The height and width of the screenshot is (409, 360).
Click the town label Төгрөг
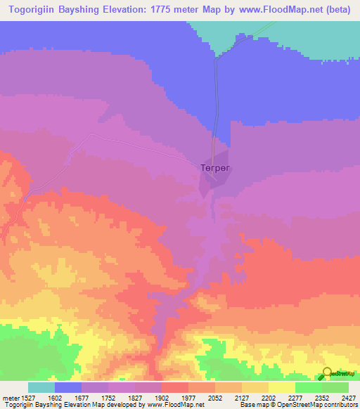[x=216, y=168]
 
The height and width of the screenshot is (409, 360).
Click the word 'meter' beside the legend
[x=11, y=397]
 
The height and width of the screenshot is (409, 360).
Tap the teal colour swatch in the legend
[x=41, y=387]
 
